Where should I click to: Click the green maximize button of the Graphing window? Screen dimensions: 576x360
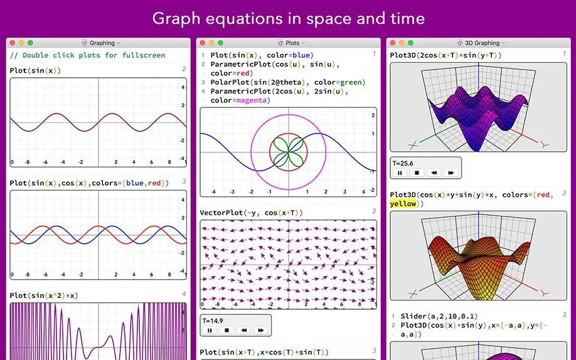[31, 43]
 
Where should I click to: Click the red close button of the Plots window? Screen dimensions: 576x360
[203, 43]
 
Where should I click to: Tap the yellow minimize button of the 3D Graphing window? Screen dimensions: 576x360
[402, 43]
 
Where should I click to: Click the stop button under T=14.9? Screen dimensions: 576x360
[227, 331]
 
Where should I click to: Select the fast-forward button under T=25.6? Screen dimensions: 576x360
[451, 172]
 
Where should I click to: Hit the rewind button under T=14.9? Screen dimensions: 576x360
[243, 331]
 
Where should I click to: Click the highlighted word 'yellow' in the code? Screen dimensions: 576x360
[403, 204]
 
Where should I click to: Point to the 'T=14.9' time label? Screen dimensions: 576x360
[213, 320]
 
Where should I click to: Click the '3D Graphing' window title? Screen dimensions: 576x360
[482, 43]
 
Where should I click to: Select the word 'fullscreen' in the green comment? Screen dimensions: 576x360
[144, 55]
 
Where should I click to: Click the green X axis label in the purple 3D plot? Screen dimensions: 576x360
[413, 145]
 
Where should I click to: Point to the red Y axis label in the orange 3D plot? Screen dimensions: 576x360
[545, 294]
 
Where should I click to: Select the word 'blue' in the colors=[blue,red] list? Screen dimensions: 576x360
[135, 183]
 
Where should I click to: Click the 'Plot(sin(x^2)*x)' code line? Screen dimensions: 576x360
[44, 295]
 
